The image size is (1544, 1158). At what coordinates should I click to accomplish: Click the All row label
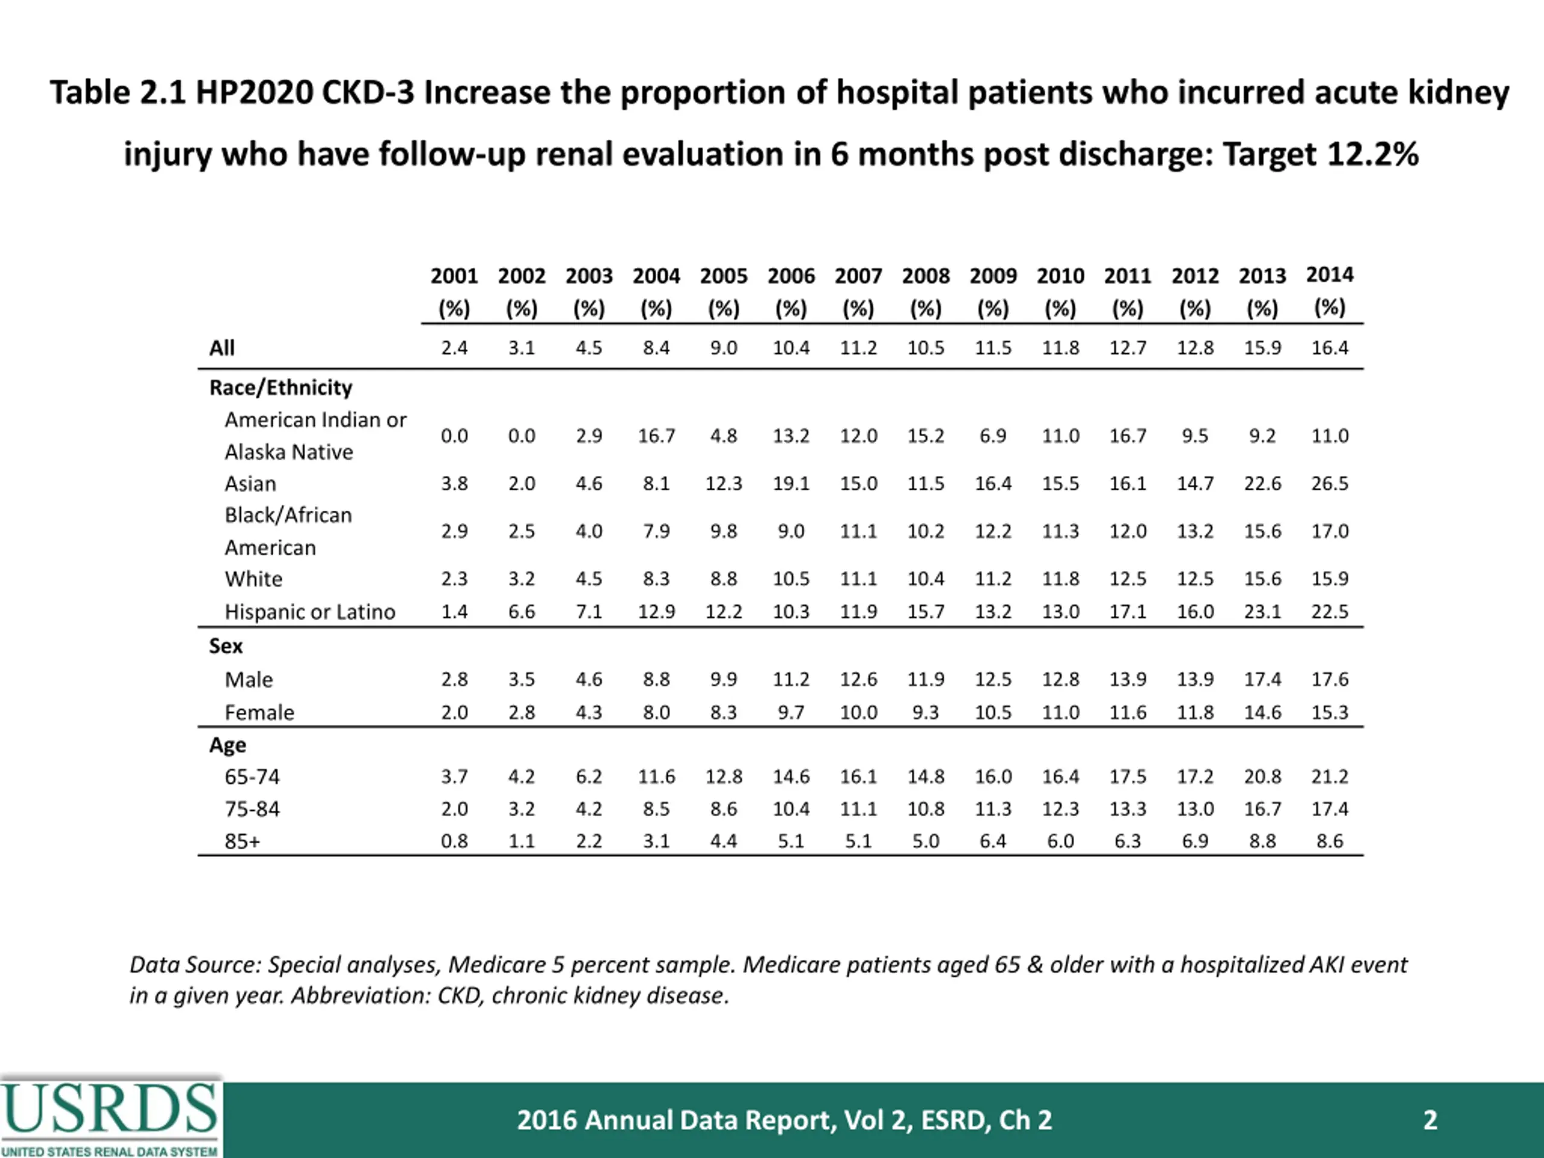tap(222, 347)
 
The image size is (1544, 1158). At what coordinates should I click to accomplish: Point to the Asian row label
tap(250, 484)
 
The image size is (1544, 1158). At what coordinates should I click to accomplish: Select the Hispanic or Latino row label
tap(310, 612)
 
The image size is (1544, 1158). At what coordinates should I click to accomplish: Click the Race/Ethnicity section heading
tap(280, 388)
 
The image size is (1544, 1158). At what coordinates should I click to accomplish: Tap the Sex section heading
tap(226, 647)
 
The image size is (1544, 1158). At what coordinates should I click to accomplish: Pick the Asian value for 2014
tap(1329, 484)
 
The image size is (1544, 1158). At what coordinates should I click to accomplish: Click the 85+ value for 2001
tap(454, 841)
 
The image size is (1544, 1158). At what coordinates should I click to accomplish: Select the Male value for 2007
tap(858, 679)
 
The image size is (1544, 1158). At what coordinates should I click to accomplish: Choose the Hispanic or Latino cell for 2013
tap(1262, 612)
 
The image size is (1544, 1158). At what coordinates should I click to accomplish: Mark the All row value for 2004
tap(656, 347)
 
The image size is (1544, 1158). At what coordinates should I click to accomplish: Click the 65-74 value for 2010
tap(1060, 777)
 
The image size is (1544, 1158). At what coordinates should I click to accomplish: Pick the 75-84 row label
tap(252, 809)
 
